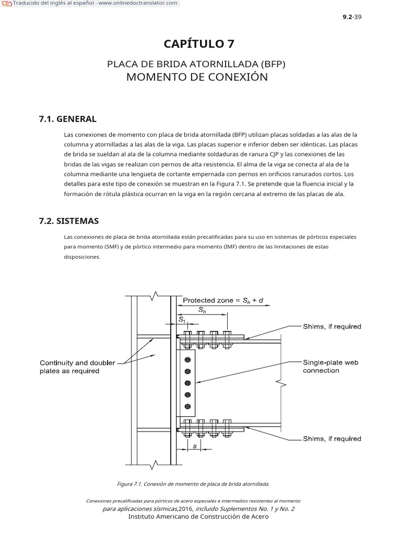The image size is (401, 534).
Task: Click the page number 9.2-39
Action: click(352, 17)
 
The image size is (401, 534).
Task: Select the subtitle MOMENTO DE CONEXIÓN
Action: click(197, 77)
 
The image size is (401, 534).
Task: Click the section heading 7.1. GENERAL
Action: click(67, 119)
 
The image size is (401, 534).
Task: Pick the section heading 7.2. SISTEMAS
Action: click(68, 221)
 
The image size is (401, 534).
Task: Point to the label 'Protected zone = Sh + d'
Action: click(223, 300)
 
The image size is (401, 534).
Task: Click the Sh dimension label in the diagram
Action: click(202, 309)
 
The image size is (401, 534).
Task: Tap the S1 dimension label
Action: click(181, 319)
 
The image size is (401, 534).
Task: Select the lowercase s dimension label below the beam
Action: click(194, 446)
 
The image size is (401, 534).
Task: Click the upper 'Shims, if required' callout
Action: click(332, 326)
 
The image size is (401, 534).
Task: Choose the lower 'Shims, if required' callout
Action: click(332, 439)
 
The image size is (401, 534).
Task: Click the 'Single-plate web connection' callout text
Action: click(331, 367)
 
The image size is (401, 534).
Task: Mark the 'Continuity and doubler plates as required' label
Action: click(77, 367)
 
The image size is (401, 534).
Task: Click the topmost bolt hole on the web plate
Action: click(188, 359)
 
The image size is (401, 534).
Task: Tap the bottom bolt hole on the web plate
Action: click(188, 407)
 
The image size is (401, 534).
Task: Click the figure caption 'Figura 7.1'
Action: click(193, 484)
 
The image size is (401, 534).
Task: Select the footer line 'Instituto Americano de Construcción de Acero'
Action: click(198, 516)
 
